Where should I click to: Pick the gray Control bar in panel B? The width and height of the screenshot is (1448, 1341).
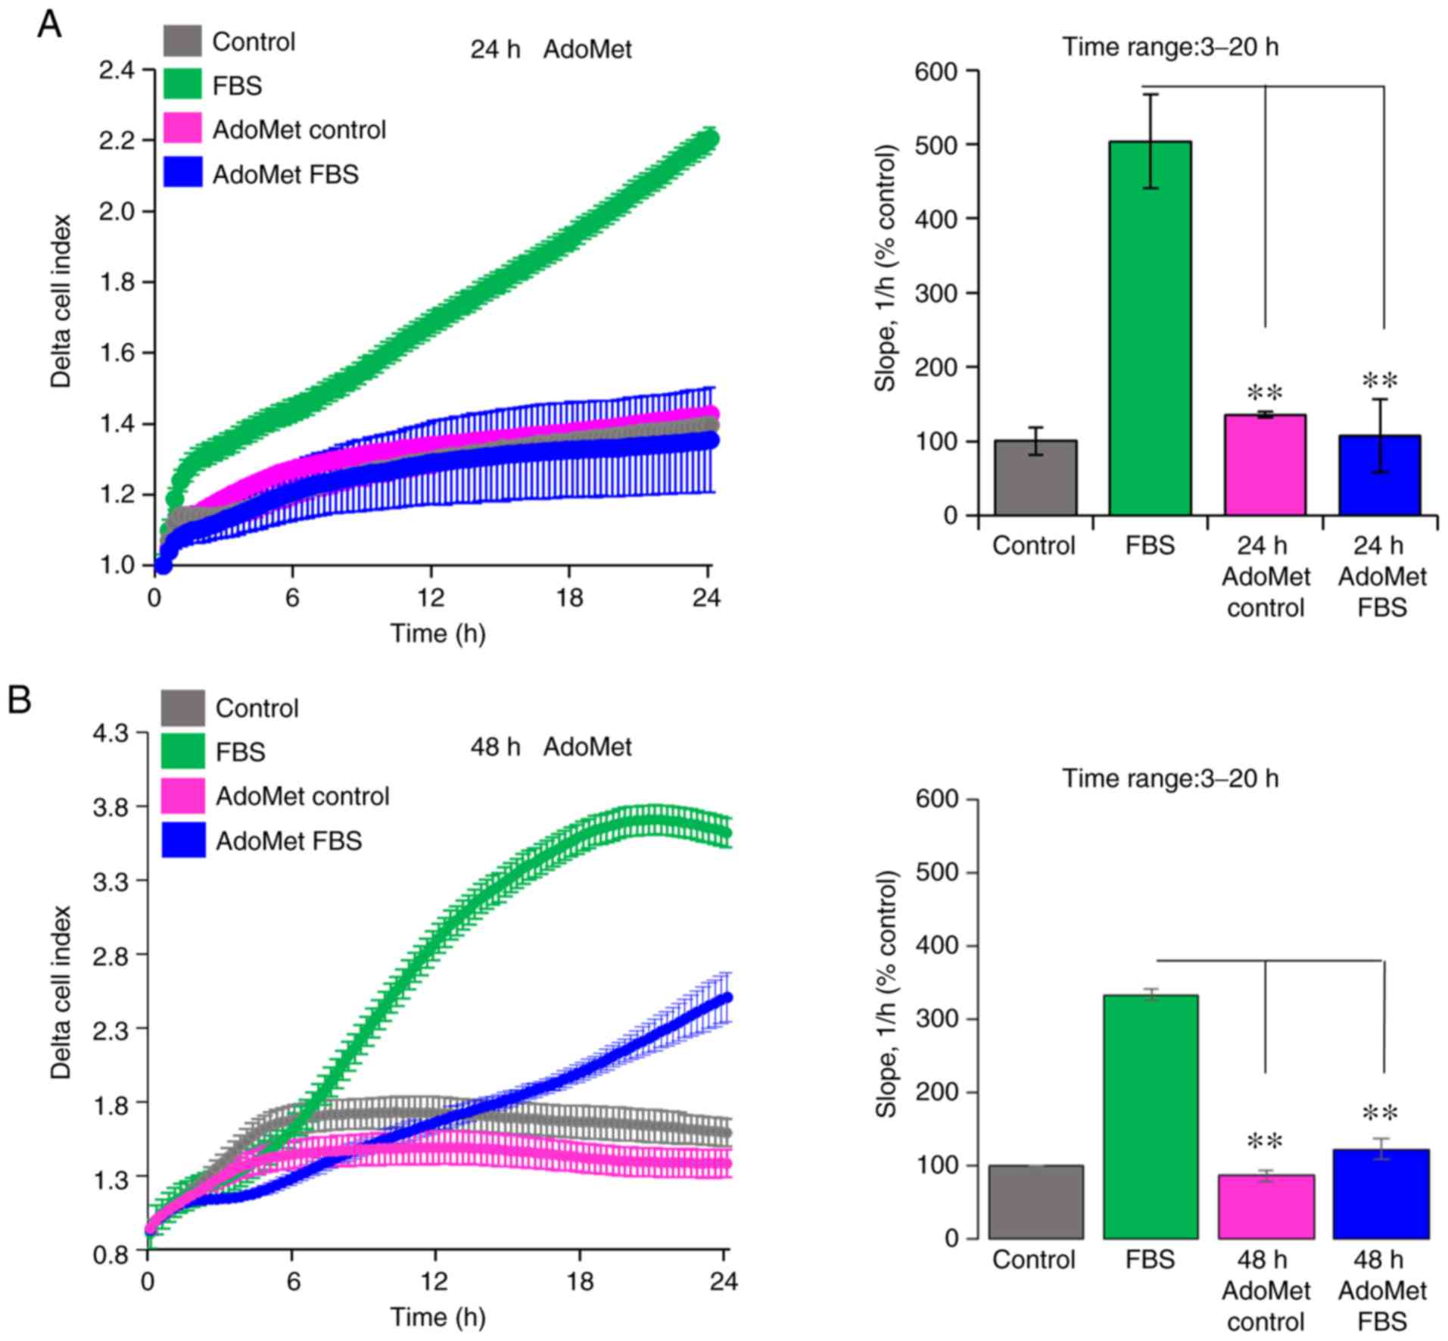click(1035, 1202)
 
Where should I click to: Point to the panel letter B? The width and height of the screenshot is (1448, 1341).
click(19, 700)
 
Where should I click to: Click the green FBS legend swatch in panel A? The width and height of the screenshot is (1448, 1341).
click(182, 84)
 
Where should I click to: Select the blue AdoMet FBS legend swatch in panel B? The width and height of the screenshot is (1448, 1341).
click(183, 840)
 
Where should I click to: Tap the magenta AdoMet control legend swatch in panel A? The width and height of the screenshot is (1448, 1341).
click(182, 129)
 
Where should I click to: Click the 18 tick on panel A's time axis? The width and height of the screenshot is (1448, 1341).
click(569, 598)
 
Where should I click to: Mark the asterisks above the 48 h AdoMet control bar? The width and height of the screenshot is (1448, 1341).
click(1265, 1141)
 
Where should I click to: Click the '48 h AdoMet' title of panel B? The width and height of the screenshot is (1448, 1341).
click(550, 747)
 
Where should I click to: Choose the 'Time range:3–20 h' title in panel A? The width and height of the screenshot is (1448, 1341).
click(1170, 47)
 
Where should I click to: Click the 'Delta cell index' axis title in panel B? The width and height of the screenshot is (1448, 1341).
click(61, 992)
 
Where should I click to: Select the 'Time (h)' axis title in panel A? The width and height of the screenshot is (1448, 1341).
click(438, 633)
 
